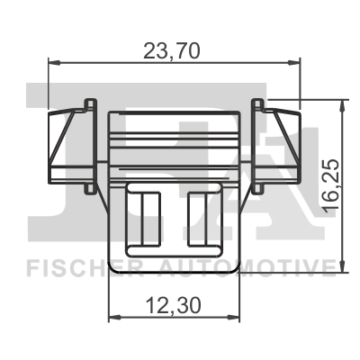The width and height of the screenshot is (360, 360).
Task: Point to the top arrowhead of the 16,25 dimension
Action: tap(340, 103)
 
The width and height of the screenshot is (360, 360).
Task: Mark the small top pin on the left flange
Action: tap(87, 101)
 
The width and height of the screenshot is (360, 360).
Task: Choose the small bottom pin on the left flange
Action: tap(87, 189)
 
